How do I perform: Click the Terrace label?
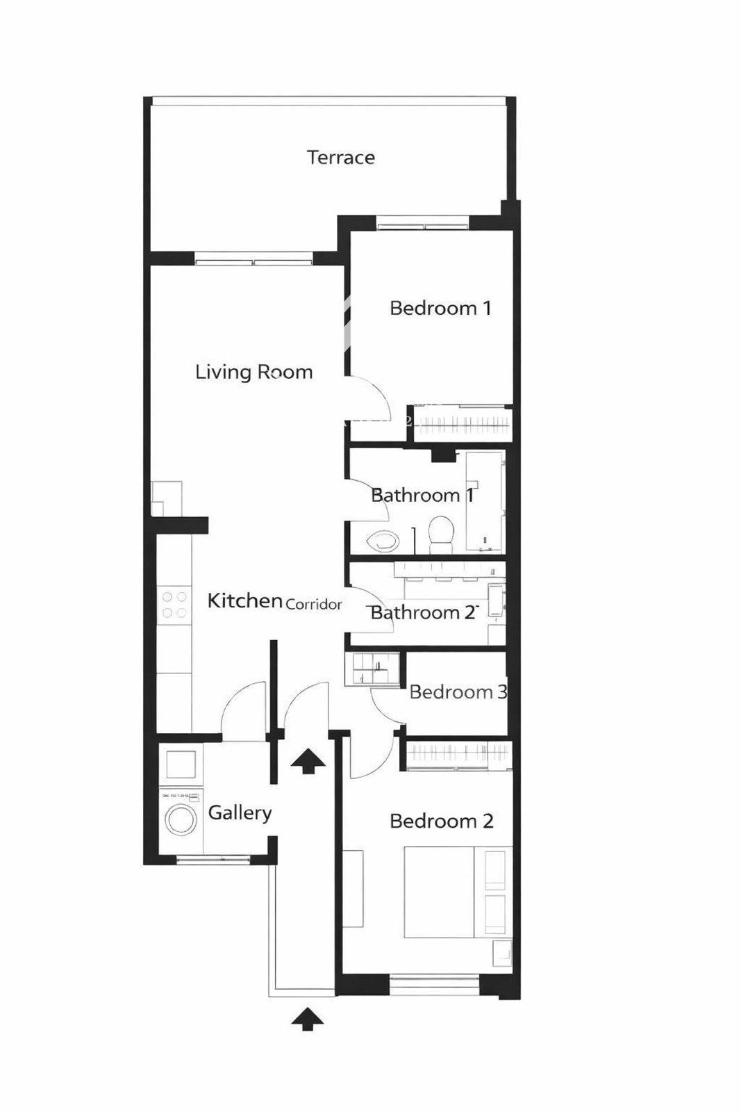click(x=341, y=157)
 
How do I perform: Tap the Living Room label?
click(x=254, y=372)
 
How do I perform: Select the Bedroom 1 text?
click(x=440, y=308)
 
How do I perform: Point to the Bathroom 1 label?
click(x=422, y=495)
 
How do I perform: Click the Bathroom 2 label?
click(x=422, y=612)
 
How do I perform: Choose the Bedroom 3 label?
click(x=457, y=692)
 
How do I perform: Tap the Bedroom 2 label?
click(x=442, y=821)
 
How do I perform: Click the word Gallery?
click(x=240, y=813)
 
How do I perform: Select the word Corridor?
click(x=314, y=605)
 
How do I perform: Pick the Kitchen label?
click(x=244, y=600)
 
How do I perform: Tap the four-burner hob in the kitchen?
click(x=174, y=605)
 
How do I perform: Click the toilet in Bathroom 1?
click(x=440, y=534)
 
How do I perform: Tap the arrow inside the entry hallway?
click(x=308, y=760)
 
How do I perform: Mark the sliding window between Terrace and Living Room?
click(x=254, y=259)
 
